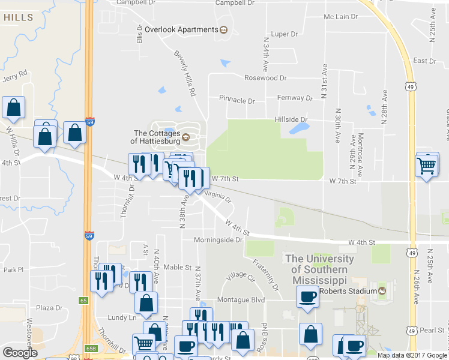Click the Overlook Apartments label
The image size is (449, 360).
pos(180,29)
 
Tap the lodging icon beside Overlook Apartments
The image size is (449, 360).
pos(224,29)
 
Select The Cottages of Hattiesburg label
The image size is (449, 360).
pos(156,137)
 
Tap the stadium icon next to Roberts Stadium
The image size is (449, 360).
pos(381,291)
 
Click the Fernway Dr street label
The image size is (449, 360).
pos(295,98)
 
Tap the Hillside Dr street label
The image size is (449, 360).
pos(291,119)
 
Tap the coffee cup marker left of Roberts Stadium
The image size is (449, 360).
pos(308,296)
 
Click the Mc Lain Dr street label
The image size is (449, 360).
pos(340,17)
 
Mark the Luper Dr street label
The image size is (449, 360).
pos(284,34)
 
